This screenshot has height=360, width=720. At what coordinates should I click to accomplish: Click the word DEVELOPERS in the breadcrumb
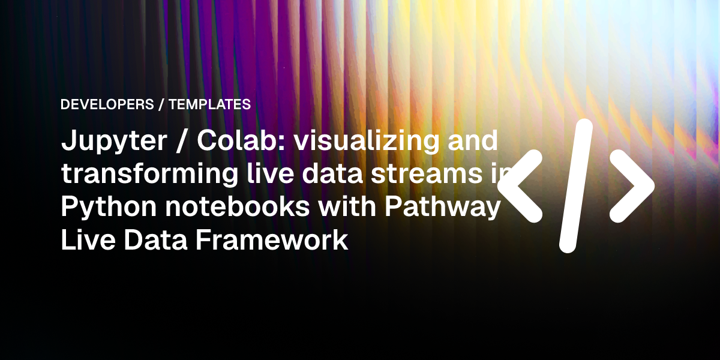coord(107,104)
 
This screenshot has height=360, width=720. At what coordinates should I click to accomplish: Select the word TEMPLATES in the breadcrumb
coord(209,104)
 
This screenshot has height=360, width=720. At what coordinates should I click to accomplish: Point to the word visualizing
coord(367,142)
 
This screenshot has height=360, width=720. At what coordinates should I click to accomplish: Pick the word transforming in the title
coord(149,175)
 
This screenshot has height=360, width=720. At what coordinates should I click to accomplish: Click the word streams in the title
coord(427,174)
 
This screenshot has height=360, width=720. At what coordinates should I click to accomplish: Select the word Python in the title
coord(109,208)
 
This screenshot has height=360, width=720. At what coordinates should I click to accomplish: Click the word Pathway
coord(442,208)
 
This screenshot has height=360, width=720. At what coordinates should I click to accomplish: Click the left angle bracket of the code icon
coord(520,186)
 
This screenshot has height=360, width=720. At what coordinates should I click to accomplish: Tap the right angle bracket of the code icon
coord(632,186)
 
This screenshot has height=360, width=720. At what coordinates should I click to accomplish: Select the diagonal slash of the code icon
coord(575,186)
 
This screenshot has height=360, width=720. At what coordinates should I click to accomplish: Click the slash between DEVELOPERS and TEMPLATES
coord(161,104)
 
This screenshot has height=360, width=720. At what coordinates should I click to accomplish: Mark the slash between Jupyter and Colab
coord(182,142)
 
